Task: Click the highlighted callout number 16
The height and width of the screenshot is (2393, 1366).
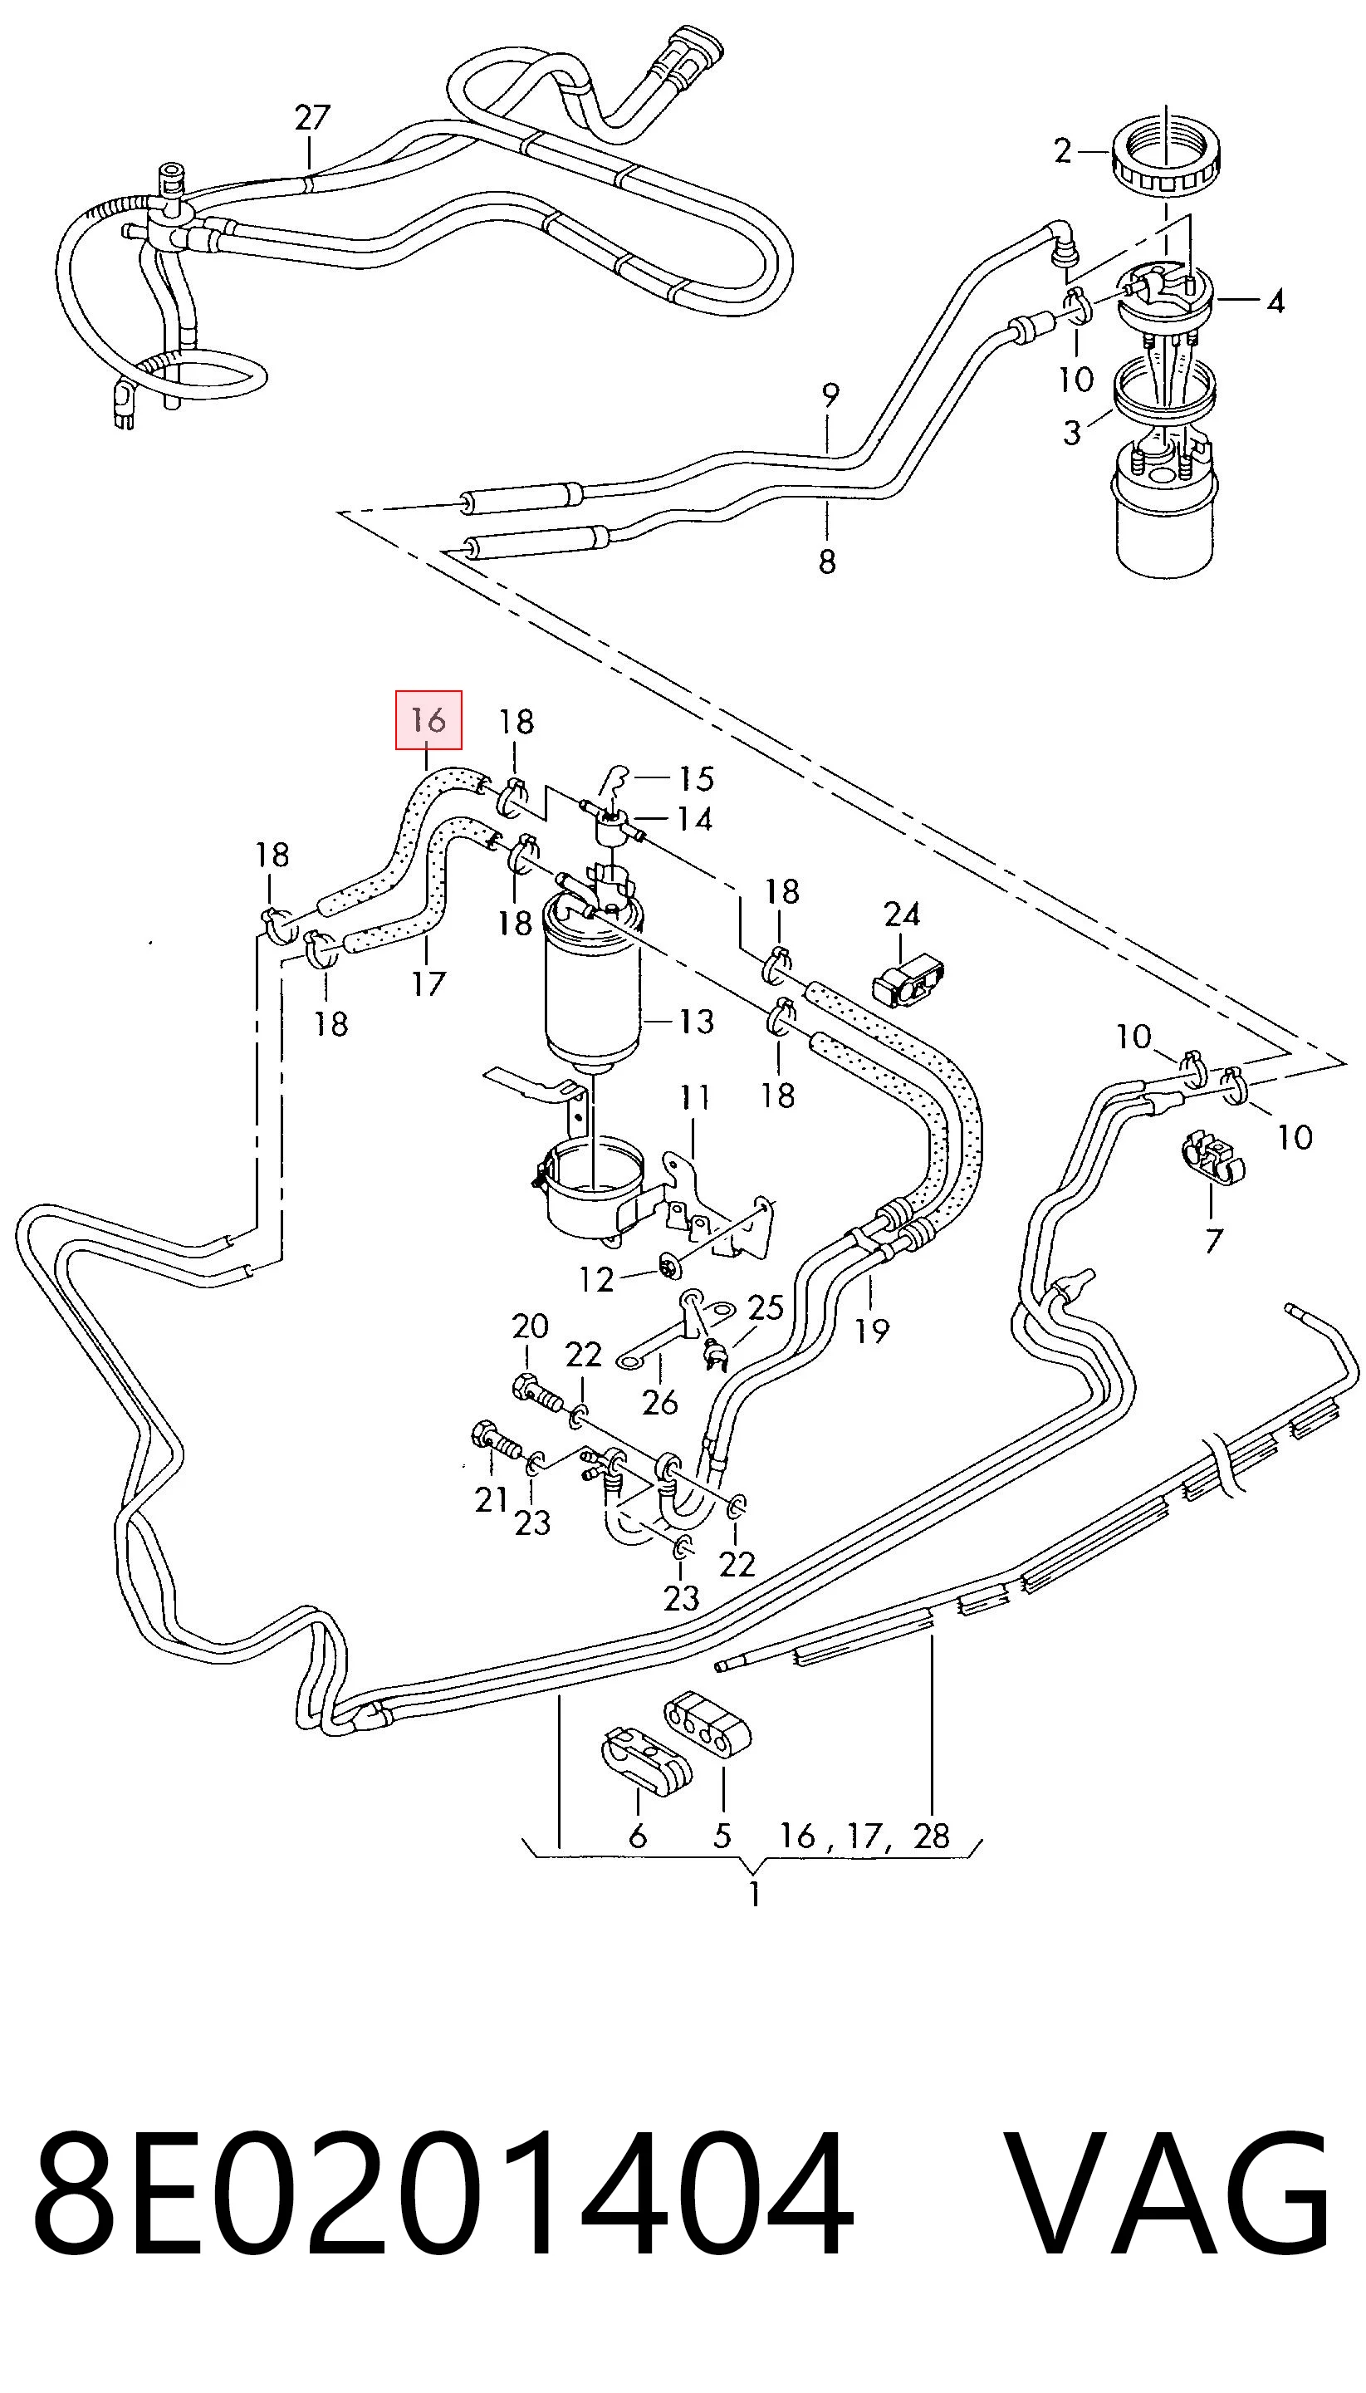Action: (428, 721)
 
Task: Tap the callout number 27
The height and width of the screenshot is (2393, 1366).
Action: (312, 117)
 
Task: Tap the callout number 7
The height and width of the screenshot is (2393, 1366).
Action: (1214, 1241)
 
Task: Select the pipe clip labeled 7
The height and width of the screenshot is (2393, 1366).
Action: (1212, 1159)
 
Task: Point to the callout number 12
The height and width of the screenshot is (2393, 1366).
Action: (597, 1279)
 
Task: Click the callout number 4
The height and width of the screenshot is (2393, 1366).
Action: (1274, 302)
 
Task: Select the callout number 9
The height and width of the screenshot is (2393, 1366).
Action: (830, 397)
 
